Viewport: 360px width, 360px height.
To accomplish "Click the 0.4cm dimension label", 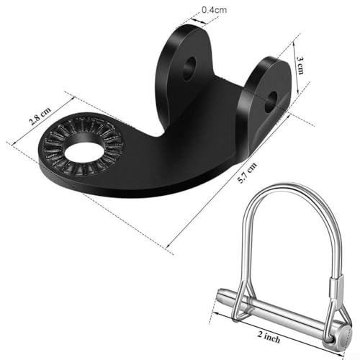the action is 214,10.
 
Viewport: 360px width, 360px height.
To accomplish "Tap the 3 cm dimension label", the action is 300,66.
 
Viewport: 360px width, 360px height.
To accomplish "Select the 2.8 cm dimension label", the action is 40,116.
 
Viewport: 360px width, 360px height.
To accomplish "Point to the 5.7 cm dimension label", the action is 247,173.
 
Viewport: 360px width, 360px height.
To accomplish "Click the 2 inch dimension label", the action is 269,336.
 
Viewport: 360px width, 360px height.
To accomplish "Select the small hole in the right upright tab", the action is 271,102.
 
